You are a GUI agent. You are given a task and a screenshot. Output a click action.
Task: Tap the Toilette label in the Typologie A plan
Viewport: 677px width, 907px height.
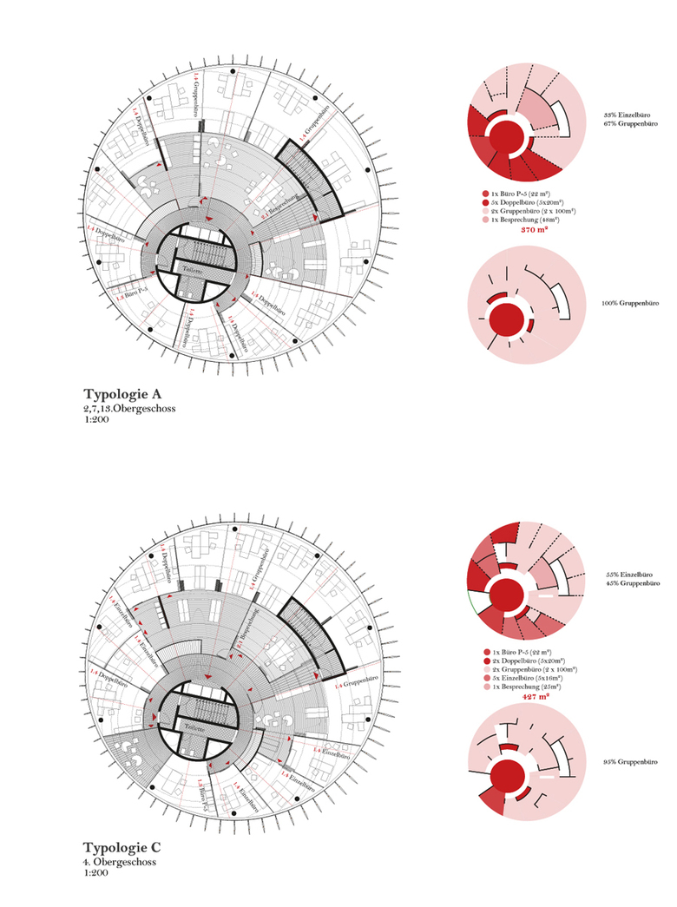192,271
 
